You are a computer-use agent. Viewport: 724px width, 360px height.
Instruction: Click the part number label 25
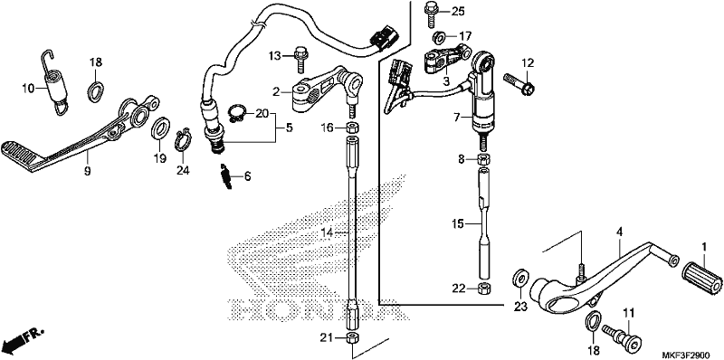458,12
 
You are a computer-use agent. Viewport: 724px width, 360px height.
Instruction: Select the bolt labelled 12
519,83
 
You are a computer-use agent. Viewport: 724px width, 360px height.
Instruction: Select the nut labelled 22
484,289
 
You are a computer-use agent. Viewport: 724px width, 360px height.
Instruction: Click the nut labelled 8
483,160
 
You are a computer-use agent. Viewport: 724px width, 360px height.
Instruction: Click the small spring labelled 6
225,175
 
